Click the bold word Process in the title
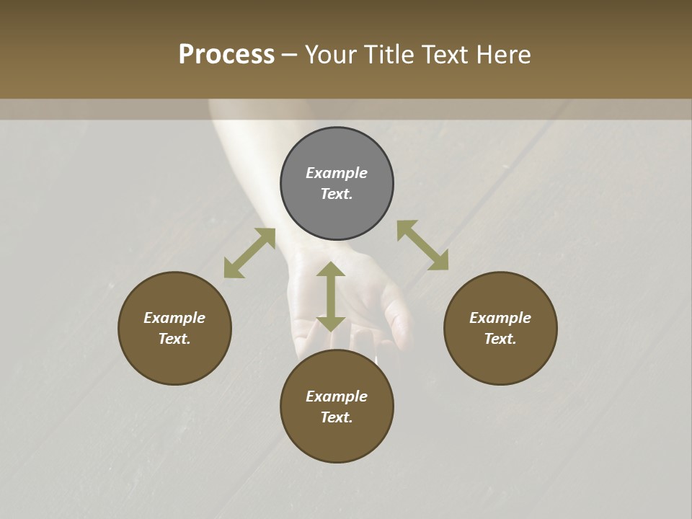226,55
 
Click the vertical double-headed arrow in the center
331,296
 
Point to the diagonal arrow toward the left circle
249,253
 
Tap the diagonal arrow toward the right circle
422,245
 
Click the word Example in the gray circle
337,173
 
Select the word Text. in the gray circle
337,194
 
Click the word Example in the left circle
174,318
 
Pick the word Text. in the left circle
174,339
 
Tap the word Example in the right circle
500,318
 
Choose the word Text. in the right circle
500,339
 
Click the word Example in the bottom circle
337,396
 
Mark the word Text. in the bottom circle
337,417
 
